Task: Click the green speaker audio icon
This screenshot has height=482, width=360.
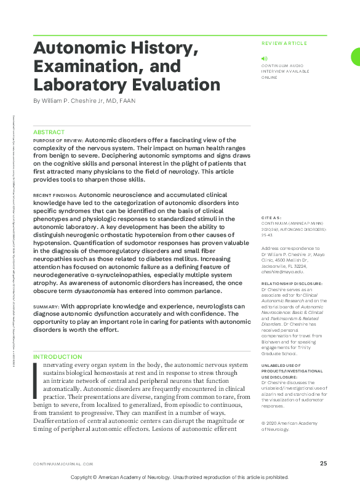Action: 264,58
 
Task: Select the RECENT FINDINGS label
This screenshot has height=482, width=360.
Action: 55,195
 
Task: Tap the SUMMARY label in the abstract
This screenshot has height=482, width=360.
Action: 46,307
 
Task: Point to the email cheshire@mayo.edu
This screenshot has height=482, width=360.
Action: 282,271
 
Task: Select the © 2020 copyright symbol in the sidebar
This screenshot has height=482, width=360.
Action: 263,422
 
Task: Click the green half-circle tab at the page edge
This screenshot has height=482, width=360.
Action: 356,57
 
